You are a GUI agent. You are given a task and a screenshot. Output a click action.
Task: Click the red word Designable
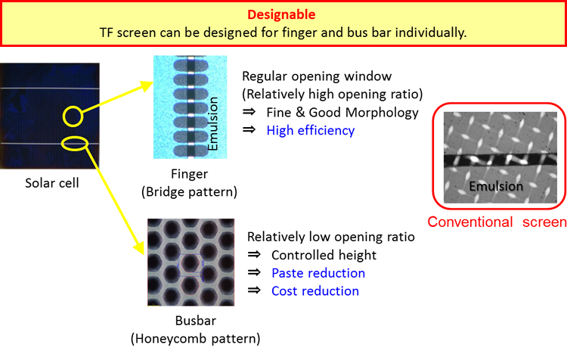[x=281, y=15]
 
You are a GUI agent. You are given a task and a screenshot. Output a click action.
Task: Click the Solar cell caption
[x=52, y=183]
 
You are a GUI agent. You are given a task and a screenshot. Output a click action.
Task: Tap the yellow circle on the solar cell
[x=64, y=116]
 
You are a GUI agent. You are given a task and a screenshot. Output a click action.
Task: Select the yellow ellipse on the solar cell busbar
[x=62, y=144]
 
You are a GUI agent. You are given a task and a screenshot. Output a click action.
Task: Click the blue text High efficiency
[x=311, y=130]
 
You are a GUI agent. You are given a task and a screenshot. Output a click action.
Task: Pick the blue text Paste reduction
[x=318, y=273]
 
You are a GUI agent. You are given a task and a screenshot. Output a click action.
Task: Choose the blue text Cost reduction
[x=315, y=291]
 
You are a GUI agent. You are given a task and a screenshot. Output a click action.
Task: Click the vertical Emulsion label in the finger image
[x=212, y=124]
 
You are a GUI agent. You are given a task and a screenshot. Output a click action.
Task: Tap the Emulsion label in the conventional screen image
[x=496, y=186]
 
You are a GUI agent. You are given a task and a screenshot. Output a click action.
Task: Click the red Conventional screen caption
[x=497, y=222]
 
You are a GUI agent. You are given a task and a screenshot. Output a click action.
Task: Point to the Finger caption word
[x=189, y=175]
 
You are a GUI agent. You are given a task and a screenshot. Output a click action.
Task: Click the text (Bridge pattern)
[x=189, y=192]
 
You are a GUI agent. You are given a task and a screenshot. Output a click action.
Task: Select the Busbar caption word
[x=196, y=321]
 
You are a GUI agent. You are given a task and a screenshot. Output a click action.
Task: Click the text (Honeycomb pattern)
[x=195, y=339]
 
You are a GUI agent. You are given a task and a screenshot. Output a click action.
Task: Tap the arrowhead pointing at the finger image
[x=147, y=85]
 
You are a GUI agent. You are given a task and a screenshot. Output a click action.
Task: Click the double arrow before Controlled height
[x=254, y=255]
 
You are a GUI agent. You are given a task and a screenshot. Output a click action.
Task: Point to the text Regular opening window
[x=317, y=76]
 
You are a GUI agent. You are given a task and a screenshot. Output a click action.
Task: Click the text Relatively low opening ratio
[x=331, y=237]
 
